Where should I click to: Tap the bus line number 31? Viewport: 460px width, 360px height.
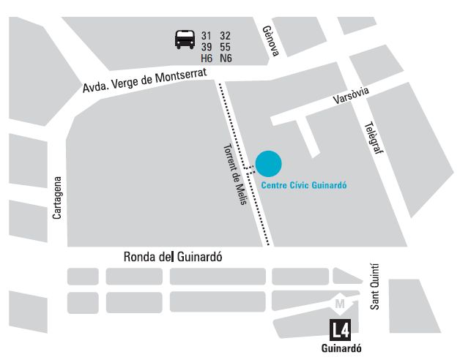pyautogui.click(x=206, y=36)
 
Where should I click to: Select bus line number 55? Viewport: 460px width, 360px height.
pyautogui.click(x=225, y=47)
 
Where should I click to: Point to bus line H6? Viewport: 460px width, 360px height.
pyautogui.click(x=207, y=59)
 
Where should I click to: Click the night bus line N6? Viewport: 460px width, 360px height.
pyautogui.click(x=225, y=59)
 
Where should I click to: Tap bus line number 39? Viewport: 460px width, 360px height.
pyautogui.click(x=206, y=47)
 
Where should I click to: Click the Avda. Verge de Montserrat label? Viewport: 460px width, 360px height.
pyautogui.click(x=144, y=81)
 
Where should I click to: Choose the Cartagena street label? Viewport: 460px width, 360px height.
pyautogui.click(x=57, y=198)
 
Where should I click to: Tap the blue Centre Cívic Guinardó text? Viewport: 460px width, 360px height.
pyautogui.click(x=303, y=186)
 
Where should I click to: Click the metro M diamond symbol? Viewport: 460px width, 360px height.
pyautogui.click(x=339, y=302)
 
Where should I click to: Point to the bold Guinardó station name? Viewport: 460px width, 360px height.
pyautogui.click(x=342, y=348)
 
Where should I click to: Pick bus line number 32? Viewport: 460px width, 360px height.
pyautogui.click(x=225, y=36)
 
